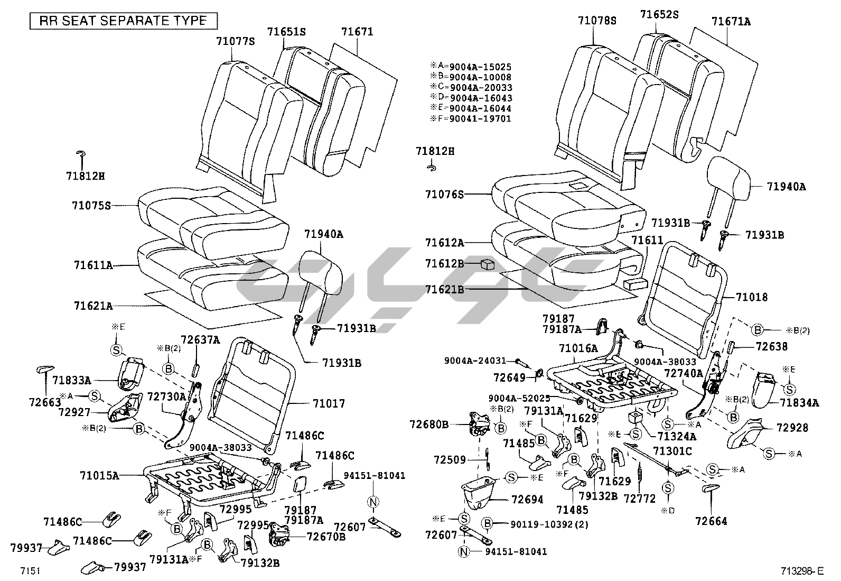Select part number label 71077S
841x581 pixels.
tap(235, 41)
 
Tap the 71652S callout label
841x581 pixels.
tap(659, 14)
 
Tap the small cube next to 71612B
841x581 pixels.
tap(487, 264)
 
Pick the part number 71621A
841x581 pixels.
tap(94, 306)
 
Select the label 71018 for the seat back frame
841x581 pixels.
tap(752, 298)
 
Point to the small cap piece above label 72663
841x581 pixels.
tap(46, 369)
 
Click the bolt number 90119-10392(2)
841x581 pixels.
tap(550, 524)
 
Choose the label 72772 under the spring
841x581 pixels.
tap(640, 499)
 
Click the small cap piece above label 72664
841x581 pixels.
tap(711, 487)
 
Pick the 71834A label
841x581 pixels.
tap(800, 403)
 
